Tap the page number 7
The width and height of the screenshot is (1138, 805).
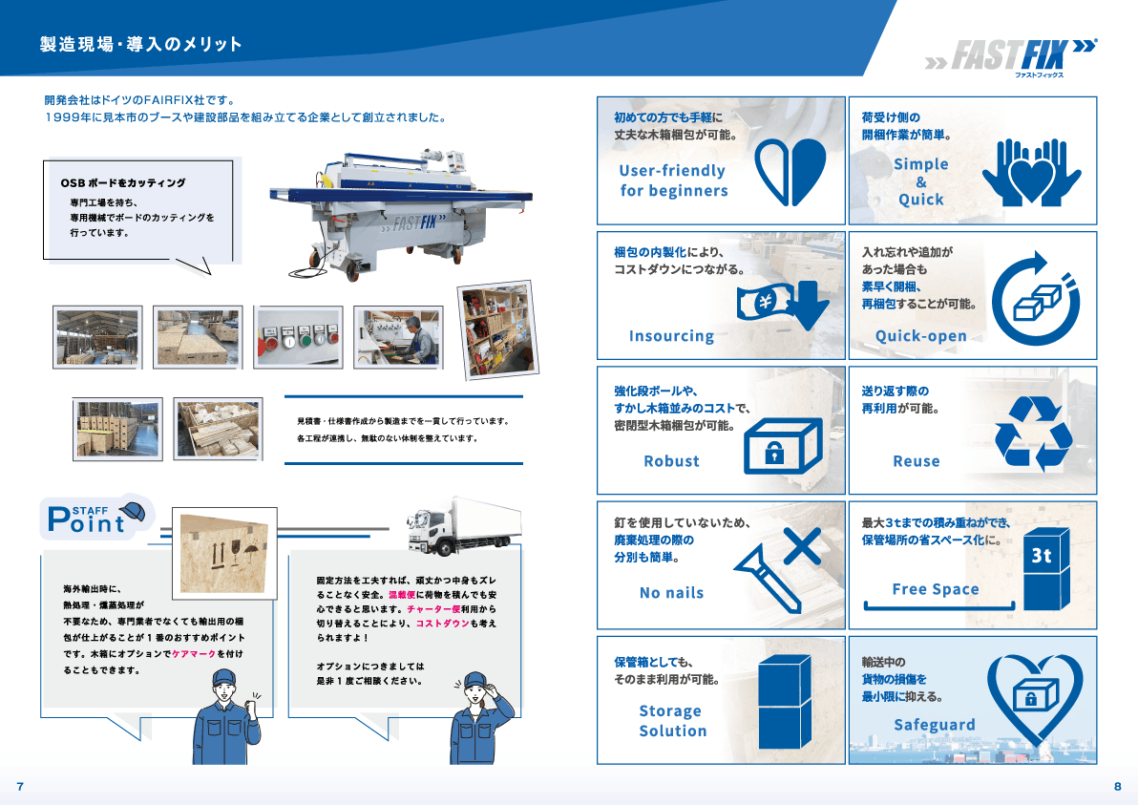pos(20,786)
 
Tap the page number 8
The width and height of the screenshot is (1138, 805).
pos(1118,786)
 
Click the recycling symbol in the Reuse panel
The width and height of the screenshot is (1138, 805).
pos(1033,434)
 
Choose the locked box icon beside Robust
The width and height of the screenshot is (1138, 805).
pos(784,445)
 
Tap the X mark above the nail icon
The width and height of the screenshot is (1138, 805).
pos(803,546)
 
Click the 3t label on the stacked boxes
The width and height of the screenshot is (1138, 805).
pos(1042,556)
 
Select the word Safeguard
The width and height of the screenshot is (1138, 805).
pos(934,725)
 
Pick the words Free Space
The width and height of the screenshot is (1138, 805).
pos(936,588)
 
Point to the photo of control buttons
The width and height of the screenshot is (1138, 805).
pos(298,337)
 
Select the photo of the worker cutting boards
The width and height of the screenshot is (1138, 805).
pos(398,337)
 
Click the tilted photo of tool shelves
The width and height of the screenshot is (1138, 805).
pos(498,330)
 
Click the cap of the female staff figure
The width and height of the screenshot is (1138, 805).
pos(476,680)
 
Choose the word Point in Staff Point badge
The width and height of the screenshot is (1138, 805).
pos(86,521)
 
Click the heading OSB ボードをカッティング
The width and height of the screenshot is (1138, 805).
pos(123,183)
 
